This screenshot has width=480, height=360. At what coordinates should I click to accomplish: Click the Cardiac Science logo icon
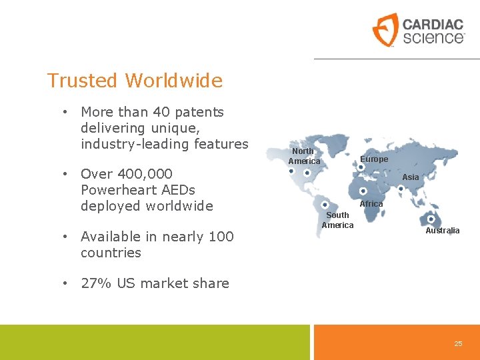[x=385, y=29]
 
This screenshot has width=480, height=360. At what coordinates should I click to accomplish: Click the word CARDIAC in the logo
[x=433, y=25]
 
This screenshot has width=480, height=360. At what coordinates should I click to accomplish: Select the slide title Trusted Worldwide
[x=135, y=81]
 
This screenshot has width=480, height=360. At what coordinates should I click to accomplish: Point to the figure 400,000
[x=144, y=174]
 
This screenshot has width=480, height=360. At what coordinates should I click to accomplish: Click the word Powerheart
[x=117, y=190]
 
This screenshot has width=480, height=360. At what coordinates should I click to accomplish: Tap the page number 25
[x=458, y=343]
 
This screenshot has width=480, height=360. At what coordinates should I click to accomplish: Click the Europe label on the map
[x=374, y=159]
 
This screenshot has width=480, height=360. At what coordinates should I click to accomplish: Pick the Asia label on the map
[x=411, y=177]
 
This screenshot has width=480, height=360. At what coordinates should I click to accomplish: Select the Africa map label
[x=371, y=203]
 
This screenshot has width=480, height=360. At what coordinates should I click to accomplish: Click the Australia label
[x=443, y=230]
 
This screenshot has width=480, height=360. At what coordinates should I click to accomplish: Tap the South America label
[x=337, y=220]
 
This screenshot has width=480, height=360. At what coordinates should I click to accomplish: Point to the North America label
[x=304, y=156]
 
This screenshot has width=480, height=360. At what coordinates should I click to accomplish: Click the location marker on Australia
[x=431, y=219]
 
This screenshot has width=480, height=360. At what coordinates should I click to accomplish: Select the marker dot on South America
[x=324, y=205]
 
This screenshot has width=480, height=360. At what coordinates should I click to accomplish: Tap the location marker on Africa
[x=363, y=191]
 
